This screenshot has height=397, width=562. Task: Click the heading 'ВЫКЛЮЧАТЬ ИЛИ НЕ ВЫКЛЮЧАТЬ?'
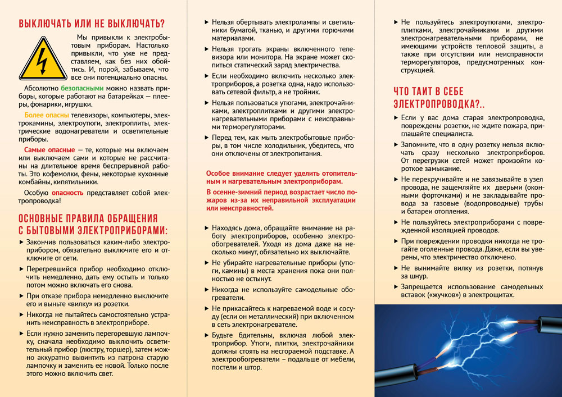click(92, 23)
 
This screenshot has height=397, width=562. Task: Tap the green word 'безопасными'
click(82, 89)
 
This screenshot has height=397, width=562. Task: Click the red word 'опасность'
click(67, 193)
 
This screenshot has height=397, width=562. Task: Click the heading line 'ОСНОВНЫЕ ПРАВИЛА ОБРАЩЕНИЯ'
click(88, 218)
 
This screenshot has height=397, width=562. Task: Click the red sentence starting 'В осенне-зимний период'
click(281, 200)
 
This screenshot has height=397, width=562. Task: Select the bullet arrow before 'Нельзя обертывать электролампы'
click(207, 22)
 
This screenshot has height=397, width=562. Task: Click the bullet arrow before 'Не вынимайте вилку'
click(396, 268)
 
